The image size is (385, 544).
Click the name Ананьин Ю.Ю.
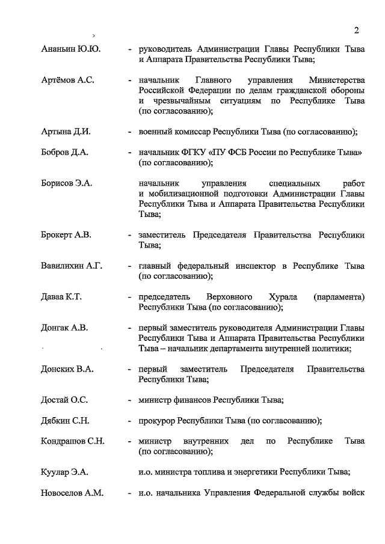(70, 49)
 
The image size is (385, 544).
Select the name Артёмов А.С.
(68, 80)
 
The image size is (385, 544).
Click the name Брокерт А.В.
(67, 234)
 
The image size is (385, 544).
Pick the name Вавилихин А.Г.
(72, 266)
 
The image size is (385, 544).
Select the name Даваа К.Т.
(61, 296)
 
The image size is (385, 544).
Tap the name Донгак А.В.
(64, 328)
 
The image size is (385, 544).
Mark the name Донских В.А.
(67, 368)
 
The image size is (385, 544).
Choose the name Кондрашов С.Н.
(73, 441)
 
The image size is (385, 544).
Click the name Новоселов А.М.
(72, 493)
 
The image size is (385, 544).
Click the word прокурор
(158, 420)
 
